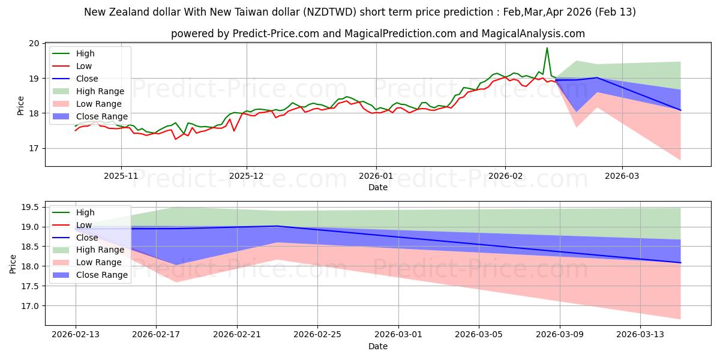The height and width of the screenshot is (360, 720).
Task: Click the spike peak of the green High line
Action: pyautogui.click(x=547, y=48)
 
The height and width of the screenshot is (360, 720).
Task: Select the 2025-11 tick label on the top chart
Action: pyautogui.click(x=121, y=176)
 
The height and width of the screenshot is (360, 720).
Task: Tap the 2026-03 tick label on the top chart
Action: pyautogui.click(x=622, y=176)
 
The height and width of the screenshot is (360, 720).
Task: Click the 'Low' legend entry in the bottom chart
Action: pyautogui.click(x=84, y=225)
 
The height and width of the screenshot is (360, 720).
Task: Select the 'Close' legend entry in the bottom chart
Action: pyautogui.click(x=87, y=238)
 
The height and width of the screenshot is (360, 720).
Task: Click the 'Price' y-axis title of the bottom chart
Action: pyautogui.click(x=13, y=263)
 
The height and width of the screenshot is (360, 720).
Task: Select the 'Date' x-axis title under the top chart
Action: pyautogui.click(x=378, y=187)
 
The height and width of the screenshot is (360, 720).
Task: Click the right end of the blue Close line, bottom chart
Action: pyautogui.click(x=680, y=263)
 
